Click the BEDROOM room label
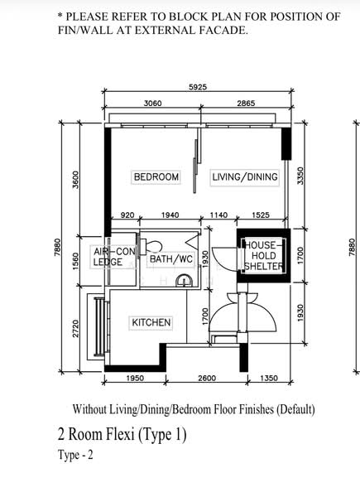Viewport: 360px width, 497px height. pos(156,177)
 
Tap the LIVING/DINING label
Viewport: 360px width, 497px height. pos(245,177)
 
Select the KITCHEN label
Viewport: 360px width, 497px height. pos(151,323)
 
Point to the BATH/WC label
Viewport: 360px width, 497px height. pos(171,259)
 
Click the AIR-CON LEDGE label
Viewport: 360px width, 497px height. pos(114,257)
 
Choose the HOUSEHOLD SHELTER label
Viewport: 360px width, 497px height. pos(263,255)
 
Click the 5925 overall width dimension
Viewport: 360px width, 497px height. pos(198,87)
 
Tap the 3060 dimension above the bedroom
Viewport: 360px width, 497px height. pos(152,104)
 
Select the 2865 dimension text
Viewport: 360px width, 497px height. pos(246,104)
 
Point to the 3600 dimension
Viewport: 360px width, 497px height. pos(75,180)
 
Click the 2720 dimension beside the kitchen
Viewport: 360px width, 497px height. pos(75,329)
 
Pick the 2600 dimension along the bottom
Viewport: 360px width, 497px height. pos(207,379)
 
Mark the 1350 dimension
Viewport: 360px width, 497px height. pos(269,379)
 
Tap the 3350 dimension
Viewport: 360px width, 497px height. pos(300,176)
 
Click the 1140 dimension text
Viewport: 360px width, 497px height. pos(218,215)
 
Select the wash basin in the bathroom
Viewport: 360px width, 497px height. pos(185,281)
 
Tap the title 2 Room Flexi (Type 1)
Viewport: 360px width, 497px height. pos(122,434)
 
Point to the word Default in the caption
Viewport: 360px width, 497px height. pos(295,409)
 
